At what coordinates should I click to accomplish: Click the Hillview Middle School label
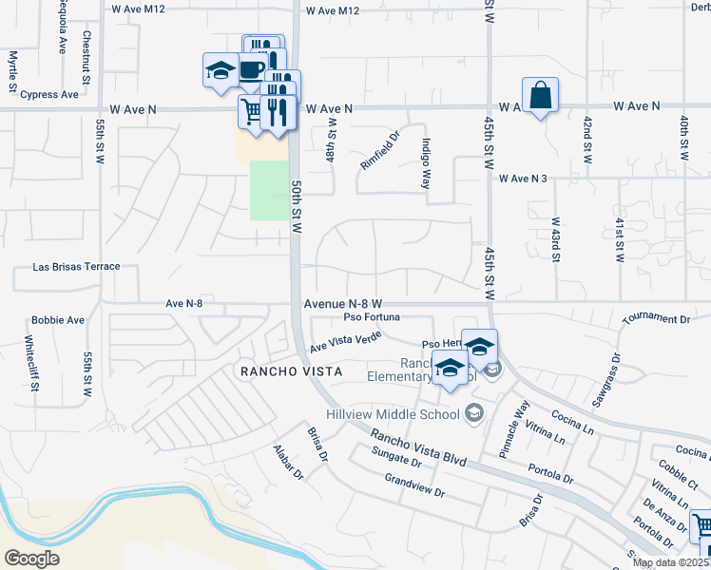point(405,413)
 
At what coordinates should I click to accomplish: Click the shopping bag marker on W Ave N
point(540,96)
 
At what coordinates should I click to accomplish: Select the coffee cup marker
point(252,69)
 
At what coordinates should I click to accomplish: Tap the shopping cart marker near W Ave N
point(252,112)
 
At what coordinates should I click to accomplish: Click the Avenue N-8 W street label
point(342,304)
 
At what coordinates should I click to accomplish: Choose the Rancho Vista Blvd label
point(418,446)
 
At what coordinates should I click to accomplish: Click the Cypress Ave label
point(49,95)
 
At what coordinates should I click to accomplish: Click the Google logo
point(31,558)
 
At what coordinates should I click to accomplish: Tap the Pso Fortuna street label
point(372,317)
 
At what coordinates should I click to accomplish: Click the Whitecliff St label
point(29,359)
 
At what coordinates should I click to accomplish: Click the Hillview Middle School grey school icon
point(473,412)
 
